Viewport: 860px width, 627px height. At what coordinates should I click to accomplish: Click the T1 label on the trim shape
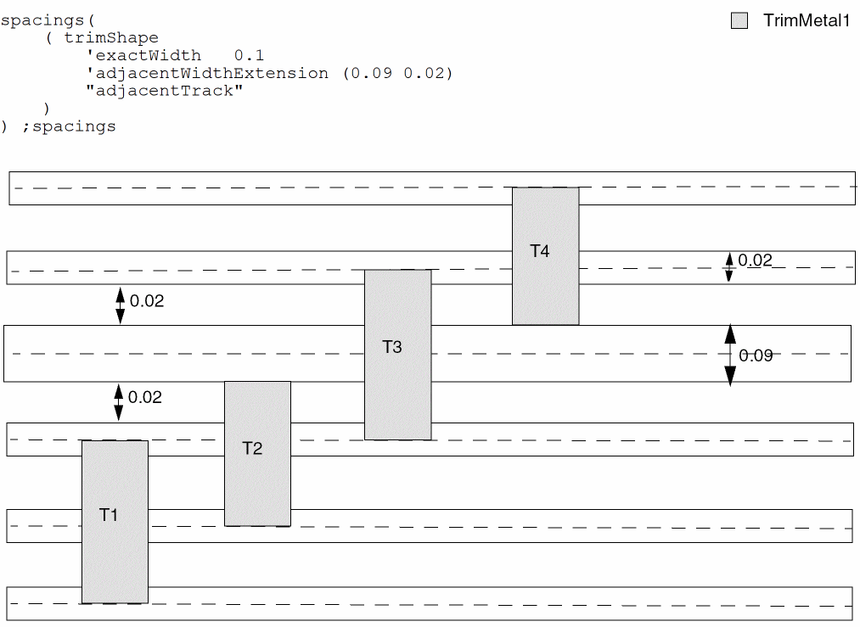[109, 514]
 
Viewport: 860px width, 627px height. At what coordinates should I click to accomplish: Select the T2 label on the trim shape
[252, 448]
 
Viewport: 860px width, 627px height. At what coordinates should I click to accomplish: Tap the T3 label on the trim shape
[392, 346]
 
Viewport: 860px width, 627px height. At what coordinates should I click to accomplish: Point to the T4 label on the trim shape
[540, 251]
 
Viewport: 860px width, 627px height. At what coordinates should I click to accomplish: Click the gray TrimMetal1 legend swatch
[739, 21]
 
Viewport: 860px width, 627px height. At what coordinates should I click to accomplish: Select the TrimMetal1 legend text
[806, 21]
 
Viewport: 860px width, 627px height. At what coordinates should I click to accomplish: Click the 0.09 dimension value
[756, 355]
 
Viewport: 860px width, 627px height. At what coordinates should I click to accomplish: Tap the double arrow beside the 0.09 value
[730, 355]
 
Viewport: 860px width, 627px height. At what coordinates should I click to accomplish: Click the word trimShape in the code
[111, 37]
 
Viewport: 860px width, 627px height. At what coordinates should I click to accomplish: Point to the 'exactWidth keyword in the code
[143, 55]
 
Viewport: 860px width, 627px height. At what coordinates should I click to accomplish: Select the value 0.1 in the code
[249, 55]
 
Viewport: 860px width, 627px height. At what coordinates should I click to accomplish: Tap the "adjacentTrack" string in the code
[165, 91]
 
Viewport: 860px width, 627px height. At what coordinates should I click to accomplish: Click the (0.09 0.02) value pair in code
[397, 73]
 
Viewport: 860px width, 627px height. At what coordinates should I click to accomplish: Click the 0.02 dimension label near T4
[755, 260]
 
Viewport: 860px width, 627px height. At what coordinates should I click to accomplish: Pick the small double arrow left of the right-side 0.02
[728, 266]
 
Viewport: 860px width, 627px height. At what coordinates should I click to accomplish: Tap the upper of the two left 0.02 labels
[146, 300]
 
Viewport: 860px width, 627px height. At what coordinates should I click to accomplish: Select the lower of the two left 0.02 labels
[144, 397]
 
